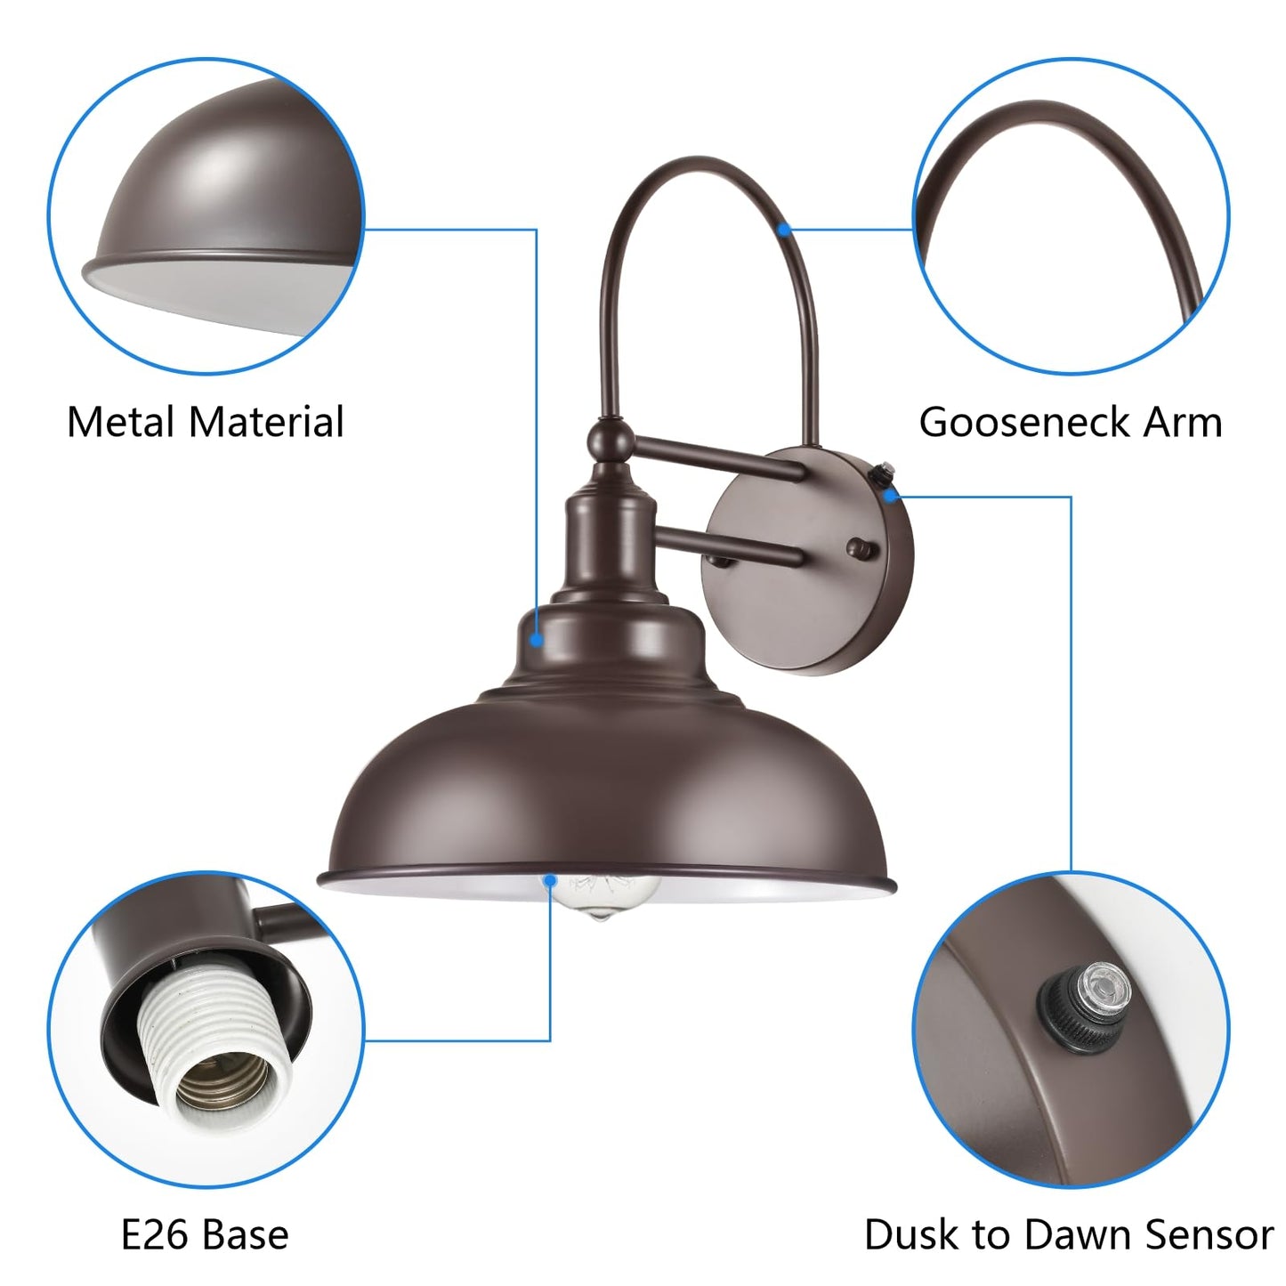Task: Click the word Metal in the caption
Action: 121,422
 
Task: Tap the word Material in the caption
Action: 266,422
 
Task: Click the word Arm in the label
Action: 1183,422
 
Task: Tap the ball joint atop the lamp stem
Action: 610,439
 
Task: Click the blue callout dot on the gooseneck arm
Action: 785,230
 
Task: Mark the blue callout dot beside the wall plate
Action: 890,496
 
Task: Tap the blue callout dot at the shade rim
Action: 550,881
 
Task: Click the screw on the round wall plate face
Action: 861,549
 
